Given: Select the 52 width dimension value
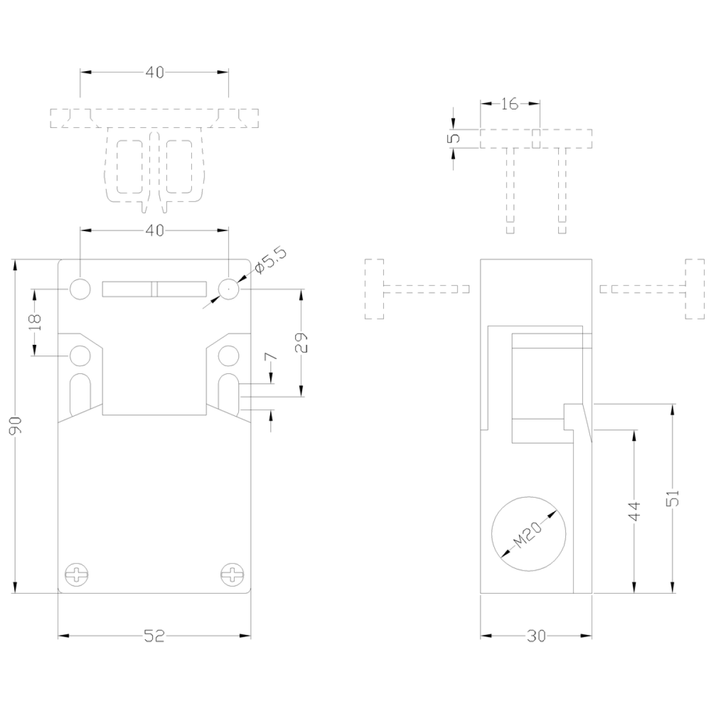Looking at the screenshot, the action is [x=154, y=636].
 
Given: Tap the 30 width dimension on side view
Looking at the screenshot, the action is [x=536, y=636].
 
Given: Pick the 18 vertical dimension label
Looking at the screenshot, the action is [x=36, y=323].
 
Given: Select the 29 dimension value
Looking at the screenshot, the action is [x=302, y=343].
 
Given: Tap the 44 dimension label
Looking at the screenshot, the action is [x=635, y=511].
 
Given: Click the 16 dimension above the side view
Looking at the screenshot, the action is [x=510, y=104].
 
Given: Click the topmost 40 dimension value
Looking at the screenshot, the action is [x=155, y=72].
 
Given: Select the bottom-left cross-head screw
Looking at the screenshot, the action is [x=77, y=575].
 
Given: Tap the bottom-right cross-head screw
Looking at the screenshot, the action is [x=232, y=575].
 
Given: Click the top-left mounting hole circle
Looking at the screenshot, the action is [x=80, y=289].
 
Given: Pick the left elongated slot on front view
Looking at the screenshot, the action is [x=80, y=394].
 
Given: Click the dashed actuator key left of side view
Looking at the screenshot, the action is [x=417, y=289].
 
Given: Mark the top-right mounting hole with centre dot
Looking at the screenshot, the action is [x=229, y=289].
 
